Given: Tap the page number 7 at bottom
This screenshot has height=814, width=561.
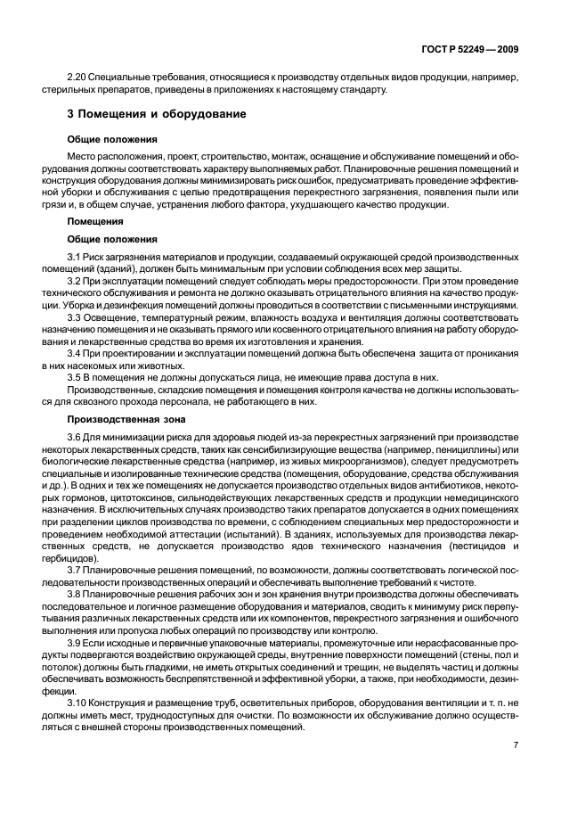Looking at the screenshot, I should (516, 744).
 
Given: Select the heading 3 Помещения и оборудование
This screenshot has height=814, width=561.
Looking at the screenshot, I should (156, 115).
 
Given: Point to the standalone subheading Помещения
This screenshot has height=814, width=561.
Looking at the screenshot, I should (95, 220).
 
